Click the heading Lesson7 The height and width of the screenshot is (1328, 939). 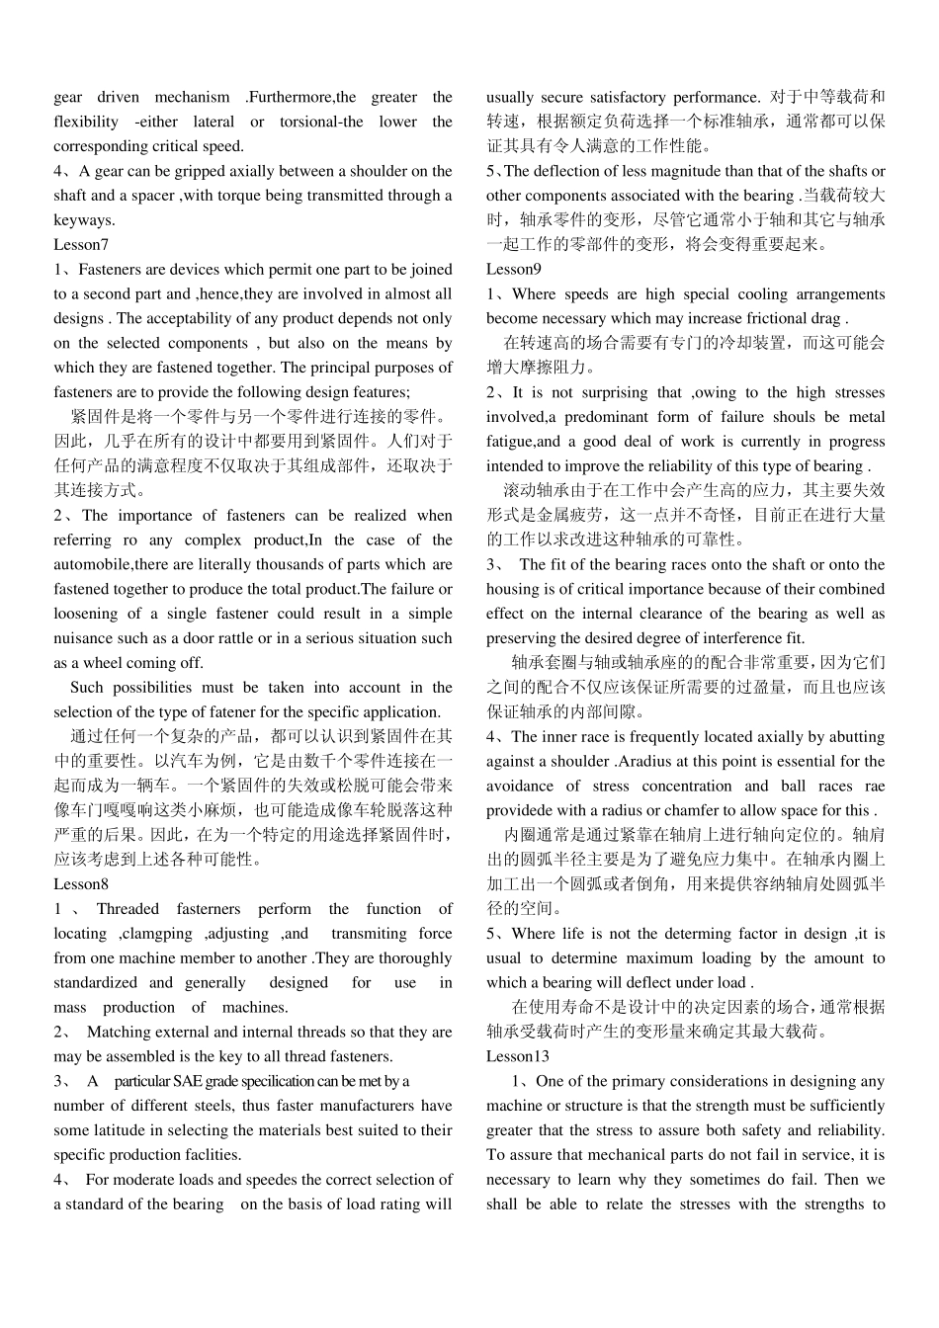pos(81,245)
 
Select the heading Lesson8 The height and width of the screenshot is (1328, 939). pos(81,884)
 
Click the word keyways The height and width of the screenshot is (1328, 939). pos(84,220)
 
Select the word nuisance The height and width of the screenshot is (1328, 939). pos(83,638)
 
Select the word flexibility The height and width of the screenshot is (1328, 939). pos(86,123)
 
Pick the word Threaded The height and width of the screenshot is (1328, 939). pos(128,909)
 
